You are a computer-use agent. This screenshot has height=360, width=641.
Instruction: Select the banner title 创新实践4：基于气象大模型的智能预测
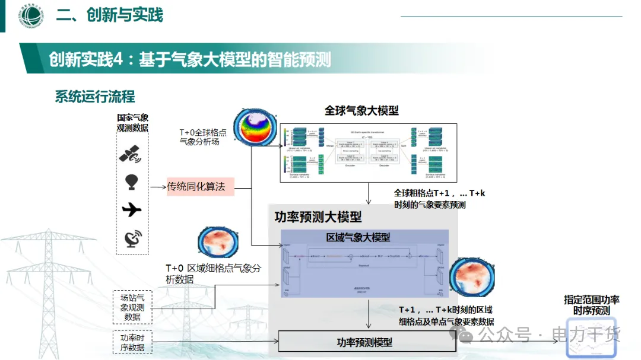190,59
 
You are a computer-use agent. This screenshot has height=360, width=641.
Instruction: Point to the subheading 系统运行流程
95,97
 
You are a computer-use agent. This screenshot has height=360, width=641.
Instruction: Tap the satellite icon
131,154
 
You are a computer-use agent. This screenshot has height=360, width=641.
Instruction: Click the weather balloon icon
132,181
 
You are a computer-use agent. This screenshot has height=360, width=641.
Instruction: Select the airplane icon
132,210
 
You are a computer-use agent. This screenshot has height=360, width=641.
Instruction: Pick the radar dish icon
132,238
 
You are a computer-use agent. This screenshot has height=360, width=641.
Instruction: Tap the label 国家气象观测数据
132,123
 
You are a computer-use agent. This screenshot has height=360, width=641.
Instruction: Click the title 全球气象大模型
361,111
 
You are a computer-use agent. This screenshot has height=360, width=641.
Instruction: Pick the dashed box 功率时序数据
132,343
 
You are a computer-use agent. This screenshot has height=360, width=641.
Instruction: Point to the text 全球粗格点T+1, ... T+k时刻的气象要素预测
439,199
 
